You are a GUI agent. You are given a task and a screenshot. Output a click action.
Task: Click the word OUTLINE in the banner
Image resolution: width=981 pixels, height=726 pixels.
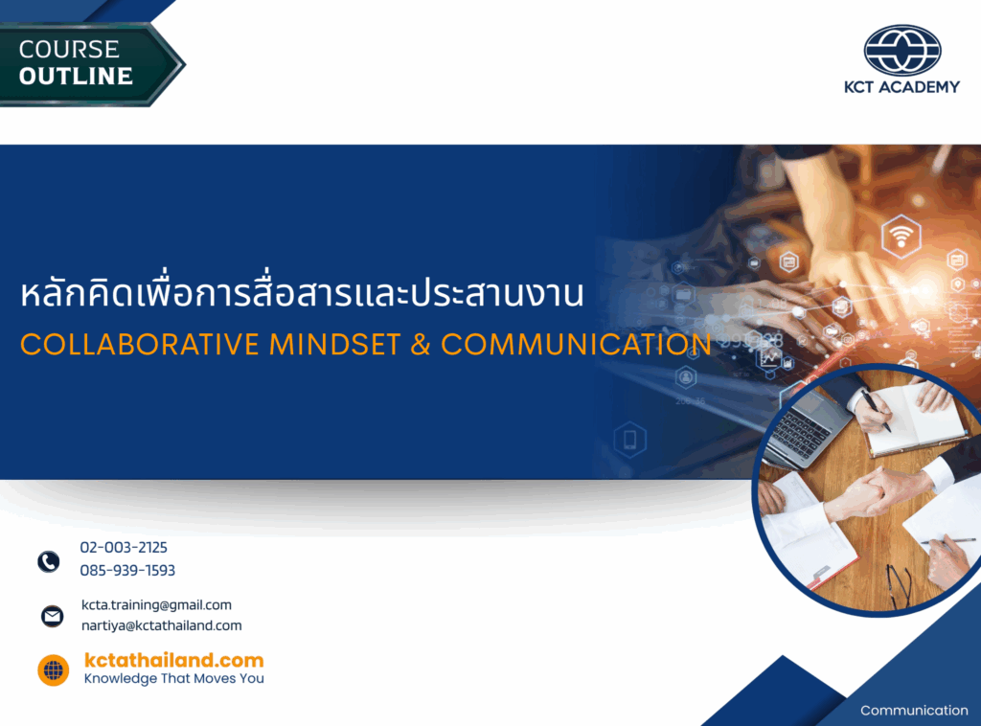point(76,77)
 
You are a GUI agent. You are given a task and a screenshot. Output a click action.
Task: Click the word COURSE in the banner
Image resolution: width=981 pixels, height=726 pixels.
point(69,50)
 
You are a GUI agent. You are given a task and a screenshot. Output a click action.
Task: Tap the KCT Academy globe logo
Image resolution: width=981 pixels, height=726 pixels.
point(902,50)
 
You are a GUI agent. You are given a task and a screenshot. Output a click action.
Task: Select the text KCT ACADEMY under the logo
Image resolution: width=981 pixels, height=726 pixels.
point(901,87)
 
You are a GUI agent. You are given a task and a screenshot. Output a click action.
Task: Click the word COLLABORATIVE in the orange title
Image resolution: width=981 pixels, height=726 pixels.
point(140,345)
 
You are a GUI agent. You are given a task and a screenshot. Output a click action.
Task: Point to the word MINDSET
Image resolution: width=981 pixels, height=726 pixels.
point(334,345)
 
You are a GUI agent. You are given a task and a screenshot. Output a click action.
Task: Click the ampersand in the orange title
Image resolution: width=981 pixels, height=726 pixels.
point(421,345)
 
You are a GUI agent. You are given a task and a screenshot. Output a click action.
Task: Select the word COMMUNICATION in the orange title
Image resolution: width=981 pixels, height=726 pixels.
point(576,345)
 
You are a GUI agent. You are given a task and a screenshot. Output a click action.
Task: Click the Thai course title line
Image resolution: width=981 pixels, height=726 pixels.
point(302,292)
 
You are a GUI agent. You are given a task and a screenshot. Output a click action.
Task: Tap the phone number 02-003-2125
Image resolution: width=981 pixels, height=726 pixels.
point(124,547)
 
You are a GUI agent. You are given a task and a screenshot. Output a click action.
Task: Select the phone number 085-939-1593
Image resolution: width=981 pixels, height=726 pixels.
point(127,570)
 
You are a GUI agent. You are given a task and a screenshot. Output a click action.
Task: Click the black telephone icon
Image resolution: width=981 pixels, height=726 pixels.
point(49,561)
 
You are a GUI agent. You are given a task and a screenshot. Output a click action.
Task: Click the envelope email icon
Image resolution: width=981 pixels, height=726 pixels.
point(52,616)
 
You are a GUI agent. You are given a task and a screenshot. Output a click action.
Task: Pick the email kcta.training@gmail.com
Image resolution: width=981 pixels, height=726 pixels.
point(156,604)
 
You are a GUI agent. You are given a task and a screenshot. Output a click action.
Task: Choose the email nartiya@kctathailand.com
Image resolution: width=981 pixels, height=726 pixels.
point(161,625)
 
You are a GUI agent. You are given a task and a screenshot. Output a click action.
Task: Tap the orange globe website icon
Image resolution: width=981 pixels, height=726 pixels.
point(54,670)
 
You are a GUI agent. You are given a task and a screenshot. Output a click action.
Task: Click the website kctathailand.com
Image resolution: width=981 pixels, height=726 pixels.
point(174,660)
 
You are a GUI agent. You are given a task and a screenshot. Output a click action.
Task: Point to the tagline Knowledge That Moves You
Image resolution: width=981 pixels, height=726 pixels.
point(174,678)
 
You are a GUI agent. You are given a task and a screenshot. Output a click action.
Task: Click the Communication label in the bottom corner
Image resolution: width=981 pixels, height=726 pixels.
point(914,711)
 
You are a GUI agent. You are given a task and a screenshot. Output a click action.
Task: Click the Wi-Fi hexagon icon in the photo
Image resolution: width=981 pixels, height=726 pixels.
point(901,237)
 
